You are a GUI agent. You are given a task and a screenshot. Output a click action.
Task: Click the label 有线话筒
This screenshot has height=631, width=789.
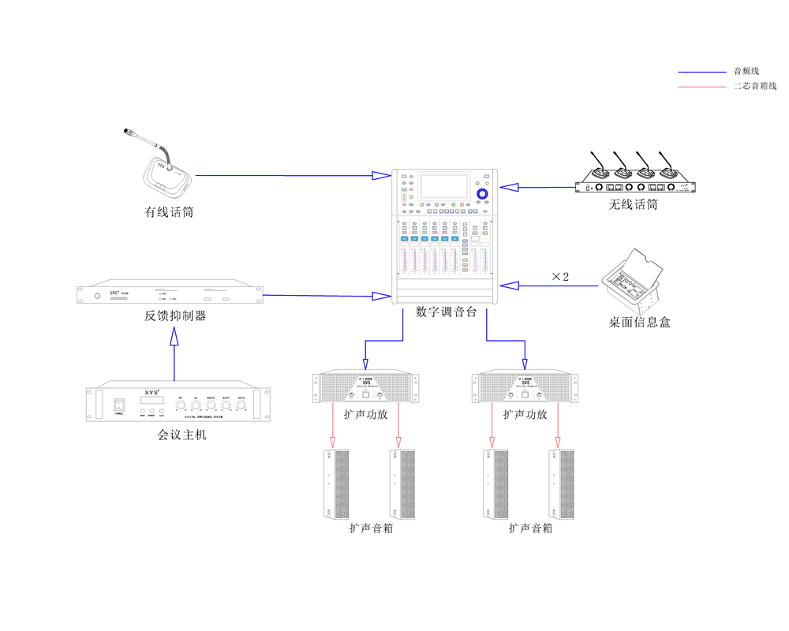pos(169,212)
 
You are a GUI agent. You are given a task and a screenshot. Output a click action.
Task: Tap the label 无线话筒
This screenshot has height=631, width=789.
pos(633,205)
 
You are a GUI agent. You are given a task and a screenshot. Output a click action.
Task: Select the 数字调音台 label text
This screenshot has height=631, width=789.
pos(446,312)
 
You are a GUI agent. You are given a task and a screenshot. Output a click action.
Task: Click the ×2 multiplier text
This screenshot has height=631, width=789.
pos(560,277)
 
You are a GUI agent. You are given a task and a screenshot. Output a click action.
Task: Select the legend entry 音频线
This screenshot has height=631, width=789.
pos(746,72)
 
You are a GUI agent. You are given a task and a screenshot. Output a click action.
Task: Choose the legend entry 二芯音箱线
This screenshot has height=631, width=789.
pos(754,86)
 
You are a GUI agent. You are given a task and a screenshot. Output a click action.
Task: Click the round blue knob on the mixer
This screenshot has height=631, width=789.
pos(483,193)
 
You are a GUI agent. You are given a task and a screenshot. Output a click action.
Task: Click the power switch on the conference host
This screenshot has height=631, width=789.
pos(119,403)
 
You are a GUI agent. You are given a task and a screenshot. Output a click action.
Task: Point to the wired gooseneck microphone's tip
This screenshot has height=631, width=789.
pos(128,130)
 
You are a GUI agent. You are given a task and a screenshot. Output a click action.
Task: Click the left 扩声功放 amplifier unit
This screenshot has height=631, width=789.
pos(367,388)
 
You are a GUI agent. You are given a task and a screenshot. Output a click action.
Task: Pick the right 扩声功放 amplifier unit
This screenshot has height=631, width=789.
pos(525,388)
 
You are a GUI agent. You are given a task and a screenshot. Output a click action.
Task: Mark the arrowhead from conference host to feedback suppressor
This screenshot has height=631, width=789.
pos(174,337)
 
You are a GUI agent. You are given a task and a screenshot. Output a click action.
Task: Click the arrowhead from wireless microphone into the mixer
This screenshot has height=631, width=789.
pos(510,188)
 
